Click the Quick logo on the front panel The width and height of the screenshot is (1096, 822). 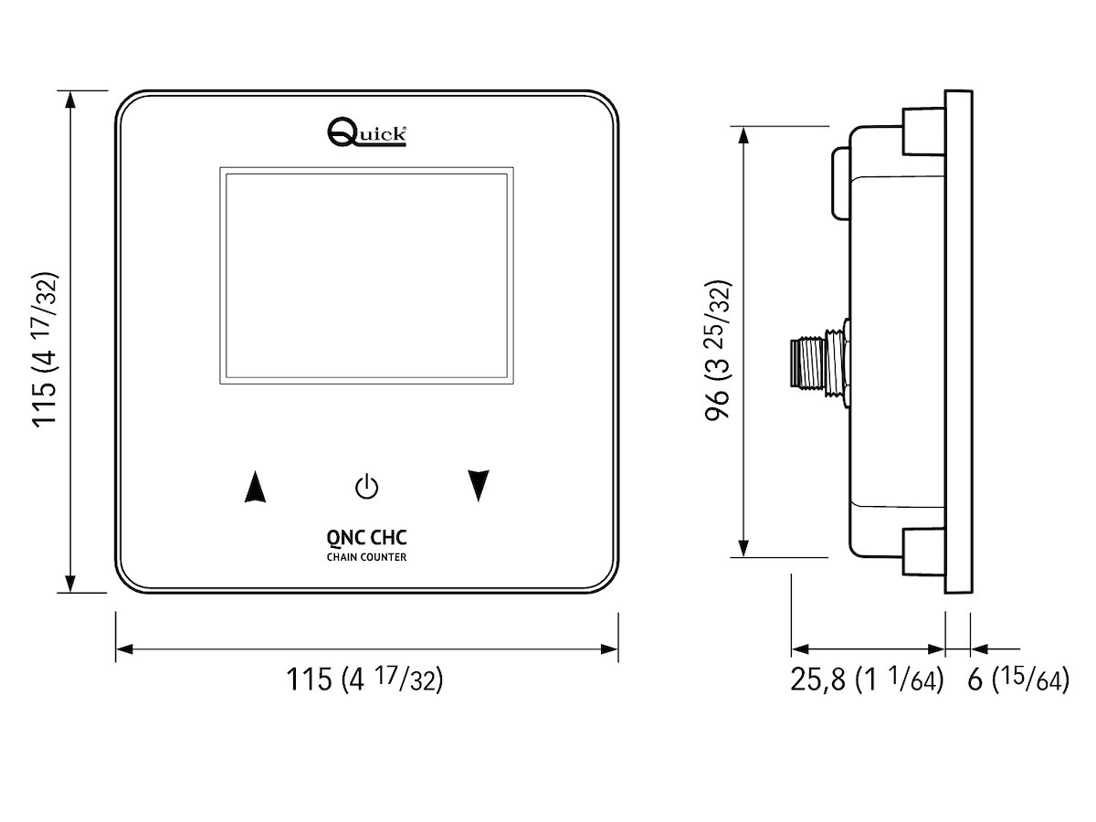click(x=366, y=133)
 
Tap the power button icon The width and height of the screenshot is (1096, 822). click(x=366, y=487)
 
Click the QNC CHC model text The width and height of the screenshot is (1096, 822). click(x=366, y=540)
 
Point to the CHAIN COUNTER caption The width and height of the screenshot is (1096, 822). click(x=366, y=557)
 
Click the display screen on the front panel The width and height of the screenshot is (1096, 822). click(x=365, y=277)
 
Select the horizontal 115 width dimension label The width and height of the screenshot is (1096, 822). click(x=365, y=680)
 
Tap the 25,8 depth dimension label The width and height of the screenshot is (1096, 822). click(x=866, y=680)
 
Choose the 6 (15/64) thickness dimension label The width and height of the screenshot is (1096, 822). click(x=1017, y=680)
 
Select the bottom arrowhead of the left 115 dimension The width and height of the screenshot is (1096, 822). click(x=70, y=584)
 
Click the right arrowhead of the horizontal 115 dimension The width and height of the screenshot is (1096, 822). click(x=610, y=648)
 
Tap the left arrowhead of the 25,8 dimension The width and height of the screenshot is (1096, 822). click(x=800, y=648)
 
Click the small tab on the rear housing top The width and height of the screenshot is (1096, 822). click(x=841, y=183)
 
